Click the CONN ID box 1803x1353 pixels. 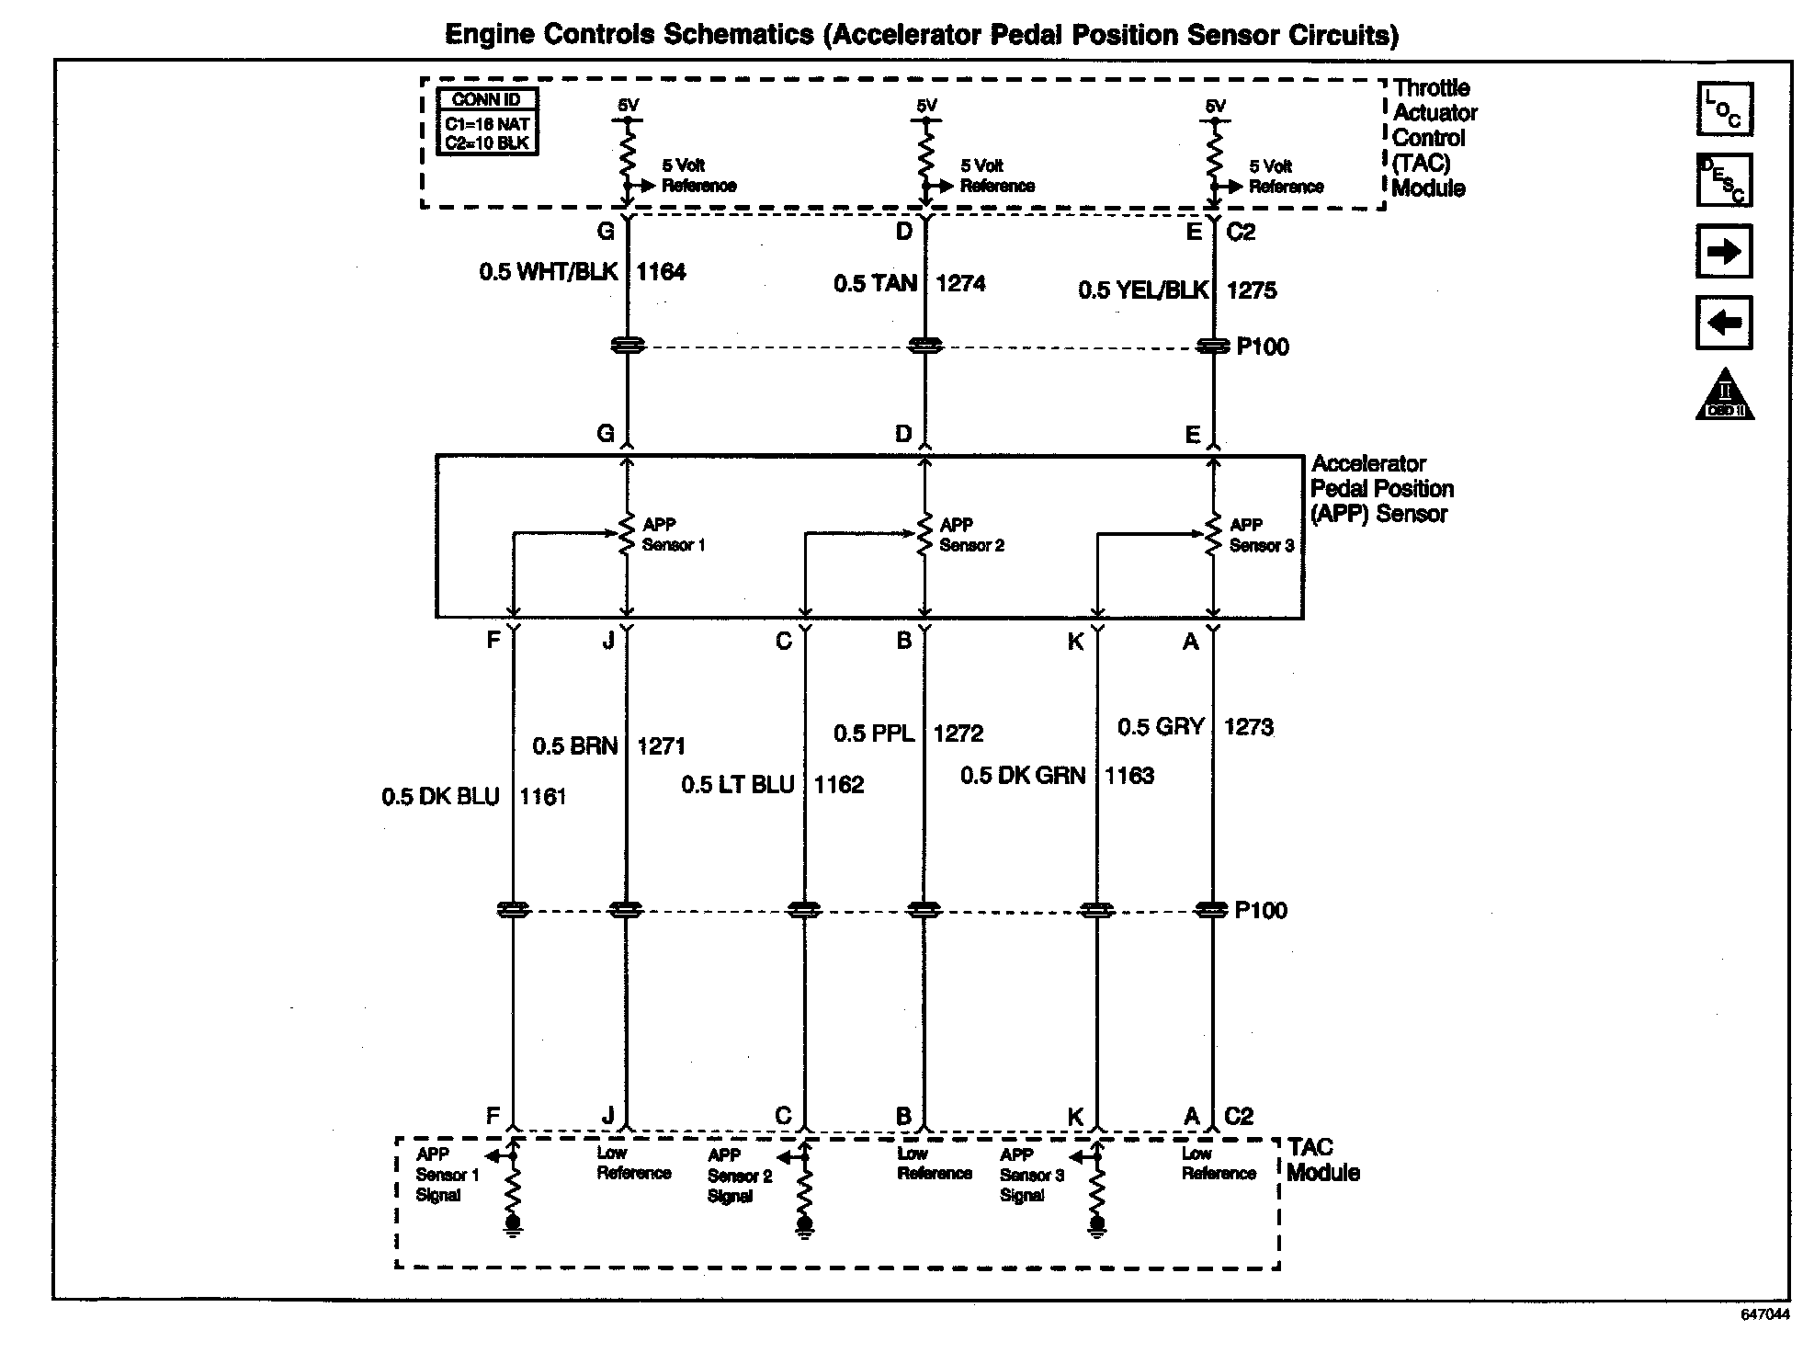[487, 121]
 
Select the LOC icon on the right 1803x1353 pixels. [1723, 109]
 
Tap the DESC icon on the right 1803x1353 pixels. [1723, 180]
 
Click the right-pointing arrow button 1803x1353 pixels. [1723, 251]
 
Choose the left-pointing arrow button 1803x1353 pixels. [1723, 323]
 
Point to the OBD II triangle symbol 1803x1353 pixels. [1724, 396]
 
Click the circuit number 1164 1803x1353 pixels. [661, 272]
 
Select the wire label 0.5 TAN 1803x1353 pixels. [875, 284]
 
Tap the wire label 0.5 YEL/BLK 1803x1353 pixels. [1142, 290]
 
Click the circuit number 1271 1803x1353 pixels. [661, 746]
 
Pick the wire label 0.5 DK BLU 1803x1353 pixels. [440, 797]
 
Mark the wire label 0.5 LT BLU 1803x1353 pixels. [737, 785]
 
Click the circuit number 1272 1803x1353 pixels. [958, 733]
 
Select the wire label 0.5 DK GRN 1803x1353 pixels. [1023, 776]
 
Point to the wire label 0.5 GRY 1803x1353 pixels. [1161, 727]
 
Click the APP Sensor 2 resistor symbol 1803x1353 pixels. [925, 534]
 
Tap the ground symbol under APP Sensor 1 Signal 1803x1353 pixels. [514, 1225]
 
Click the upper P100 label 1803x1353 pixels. [1263, 347]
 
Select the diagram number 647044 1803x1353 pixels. [1764, 1314]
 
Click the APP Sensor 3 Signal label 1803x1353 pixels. [1031, 1175]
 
